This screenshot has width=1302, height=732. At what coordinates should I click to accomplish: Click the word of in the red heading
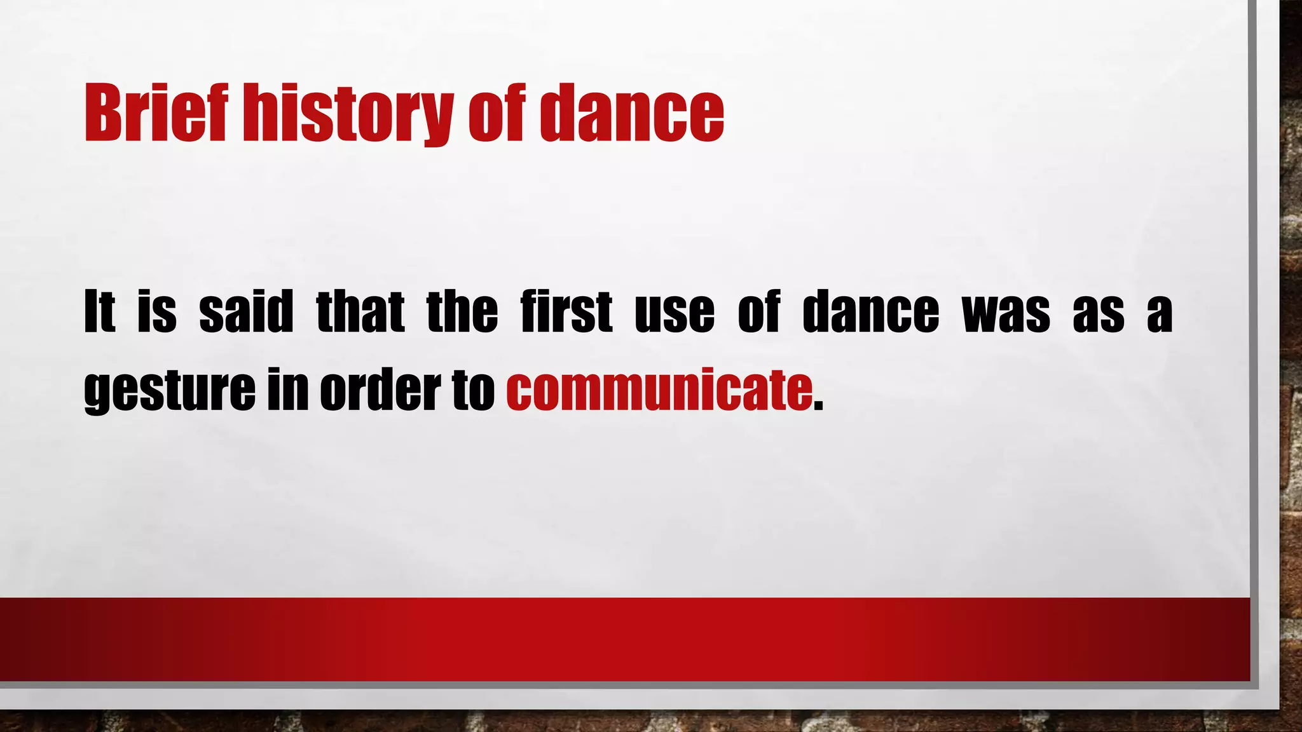tap(497, 113)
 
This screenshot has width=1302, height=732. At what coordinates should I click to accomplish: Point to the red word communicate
tap(659, 389)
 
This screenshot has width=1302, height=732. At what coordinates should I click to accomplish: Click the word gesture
tap(169, 389)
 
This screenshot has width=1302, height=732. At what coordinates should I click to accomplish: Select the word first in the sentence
tap(566, 311)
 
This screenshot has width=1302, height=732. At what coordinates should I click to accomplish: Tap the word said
tap(246, 311)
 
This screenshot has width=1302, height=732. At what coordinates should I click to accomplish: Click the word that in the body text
tap(360, 311)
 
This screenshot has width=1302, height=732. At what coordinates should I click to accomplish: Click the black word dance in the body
tap(870, 311)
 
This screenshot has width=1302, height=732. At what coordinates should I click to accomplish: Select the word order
tap(380, 389)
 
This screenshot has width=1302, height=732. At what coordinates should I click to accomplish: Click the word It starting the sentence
tap(100, 311)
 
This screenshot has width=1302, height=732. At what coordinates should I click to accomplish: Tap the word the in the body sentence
tap(462, 311)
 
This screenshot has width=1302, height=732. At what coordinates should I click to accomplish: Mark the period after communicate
tap(818, 407)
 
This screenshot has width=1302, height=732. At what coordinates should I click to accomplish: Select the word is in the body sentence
tap(157, 311)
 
